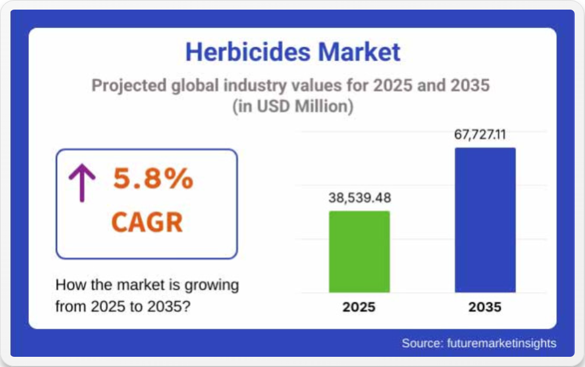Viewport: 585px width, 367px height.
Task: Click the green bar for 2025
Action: coord(359,252)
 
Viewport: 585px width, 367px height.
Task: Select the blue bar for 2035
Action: coord(485,220)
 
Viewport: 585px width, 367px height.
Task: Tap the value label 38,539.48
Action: coord(360,198)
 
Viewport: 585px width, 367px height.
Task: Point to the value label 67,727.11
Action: coord(480,134)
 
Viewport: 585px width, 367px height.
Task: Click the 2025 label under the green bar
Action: coord(359,307)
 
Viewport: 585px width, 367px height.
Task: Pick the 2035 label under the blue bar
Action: coord(485,307)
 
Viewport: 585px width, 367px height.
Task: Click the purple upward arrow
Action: coord(82,183)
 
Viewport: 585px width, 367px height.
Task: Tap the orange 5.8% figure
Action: coord(153,179)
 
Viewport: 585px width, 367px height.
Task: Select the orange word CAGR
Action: coord(147,222)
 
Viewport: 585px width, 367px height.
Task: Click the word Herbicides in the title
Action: coord(248,52)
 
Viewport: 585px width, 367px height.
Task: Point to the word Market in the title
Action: coord(359,52)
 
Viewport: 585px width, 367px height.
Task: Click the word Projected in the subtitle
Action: coord(129,86)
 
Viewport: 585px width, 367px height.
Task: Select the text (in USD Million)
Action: coord(293,106)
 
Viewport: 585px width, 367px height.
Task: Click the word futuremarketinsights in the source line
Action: coord(502,343)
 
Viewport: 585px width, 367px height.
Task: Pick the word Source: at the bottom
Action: coord(423,343)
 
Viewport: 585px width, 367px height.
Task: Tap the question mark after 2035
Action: coord(186,306)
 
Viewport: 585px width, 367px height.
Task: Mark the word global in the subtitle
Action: coord(195,86)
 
